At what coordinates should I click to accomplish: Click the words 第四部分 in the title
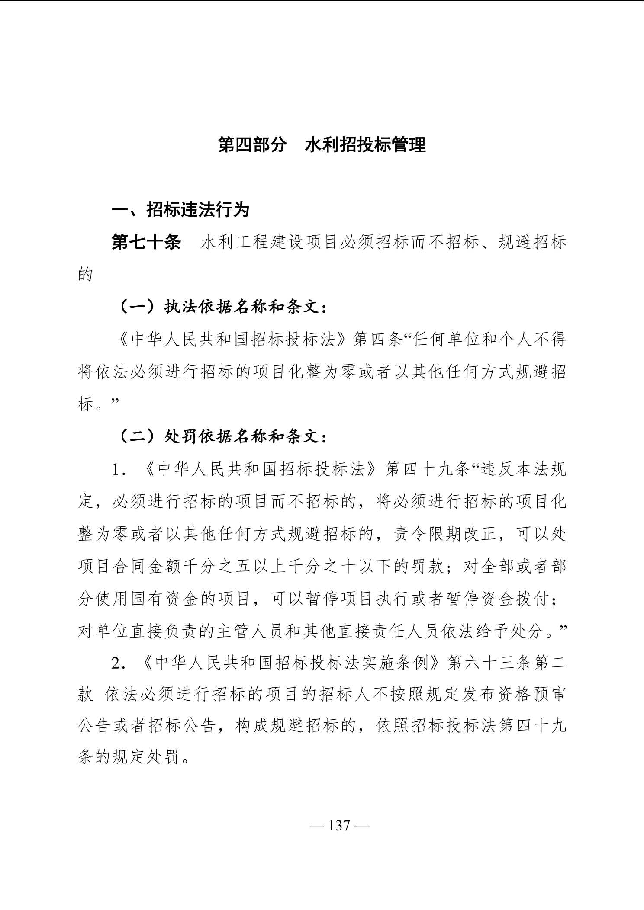[252, 145]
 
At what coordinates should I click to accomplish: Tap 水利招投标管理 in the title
[365, 145]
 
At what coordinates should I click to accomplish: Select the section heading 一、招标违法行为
[180, 210]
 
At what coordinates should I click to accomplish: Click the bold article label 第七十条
[146, 242]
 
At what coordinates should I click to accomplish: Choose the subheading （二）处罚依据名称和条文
[222, 437]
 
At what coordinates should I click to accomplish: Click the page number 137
[339, 826]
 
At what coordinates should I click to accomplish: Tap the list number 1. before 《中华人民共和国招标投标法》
[119, 470]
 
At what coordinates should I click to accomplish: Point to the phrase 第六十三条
[490, 664]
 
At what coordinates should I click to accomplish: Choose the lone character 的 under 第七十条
[85, 275]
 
